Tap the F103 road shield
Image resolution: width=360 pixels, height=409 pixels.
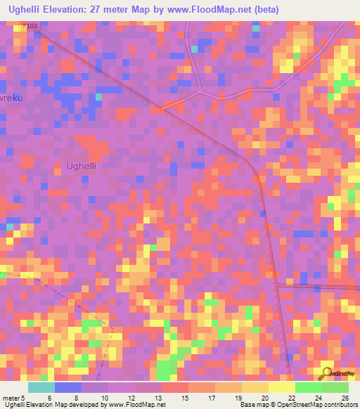coord(29,26)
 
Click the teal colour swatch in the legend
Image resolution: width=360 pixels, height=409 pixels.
coord(41,387)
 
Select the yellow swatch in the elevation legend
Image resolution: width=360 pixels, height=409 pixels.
coord(281,387)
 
